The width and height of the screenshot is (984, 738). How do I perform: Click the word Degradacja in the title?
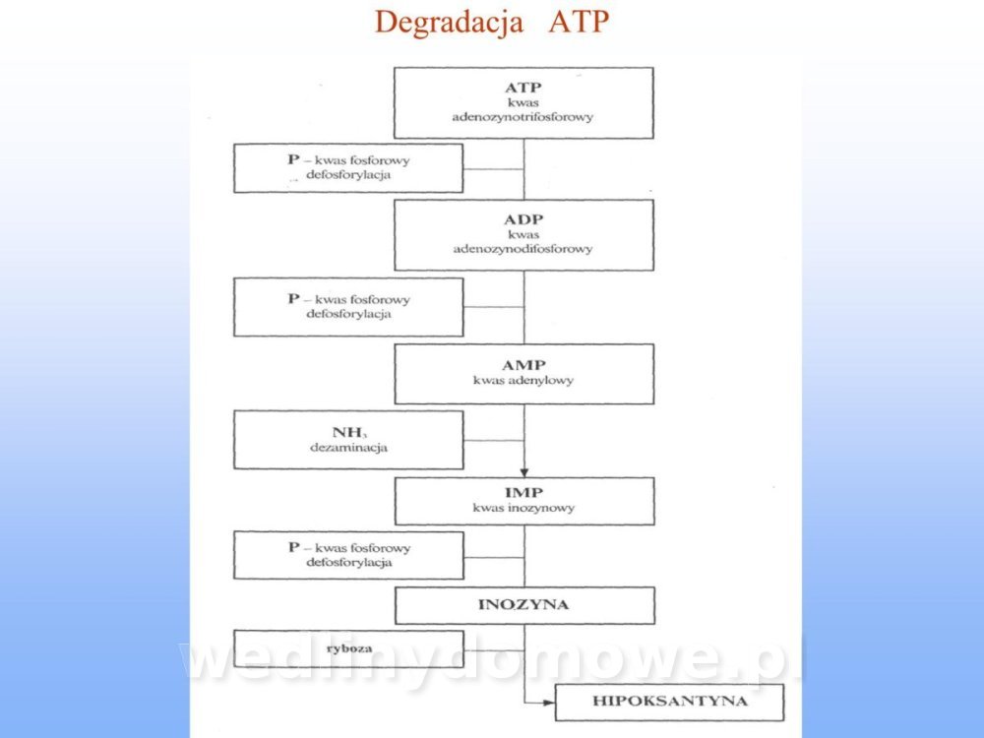(448, 22)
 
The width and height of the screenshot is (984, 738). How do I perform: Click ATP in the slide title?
(579, 22)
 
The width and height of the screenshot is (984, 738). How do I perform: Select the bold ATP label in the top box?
(523, 87)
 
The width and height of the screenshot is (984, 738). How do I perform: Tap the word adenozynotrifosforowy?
(523, 116)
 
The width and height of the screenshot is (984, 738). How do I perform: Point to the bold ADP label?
(523, 218)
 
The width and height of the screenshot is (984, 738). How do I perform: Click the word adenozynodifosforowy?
(523, 249)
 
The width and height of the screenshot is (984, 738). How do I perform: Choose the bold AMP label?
(523, 364)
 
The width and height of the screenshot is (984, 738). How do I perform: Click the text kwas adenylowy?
(523, 380)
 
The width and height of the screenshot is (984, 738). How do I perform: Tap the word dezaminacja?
(348, 448)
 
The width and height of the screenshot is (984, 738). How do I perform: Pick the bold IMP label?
(523, 492)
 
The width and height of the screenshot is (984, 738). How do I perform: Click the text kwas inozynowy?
(523, 509)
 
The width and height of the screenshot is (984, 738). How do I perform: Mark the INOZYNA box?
(523, 605)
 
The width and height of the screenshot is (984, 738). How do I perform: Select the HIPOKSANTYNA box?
(670, 702)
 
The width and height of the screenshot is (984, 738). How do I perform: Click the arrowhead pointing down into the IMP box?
(523, 471)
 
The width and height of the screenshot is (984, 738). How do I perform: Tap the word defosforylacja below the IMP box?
(348, 563)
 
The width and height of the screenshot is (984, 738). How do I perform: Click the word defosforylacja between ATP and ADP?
(348, 175)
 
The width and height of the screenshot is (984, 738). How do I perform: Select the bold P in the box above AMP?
(292, 298)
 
